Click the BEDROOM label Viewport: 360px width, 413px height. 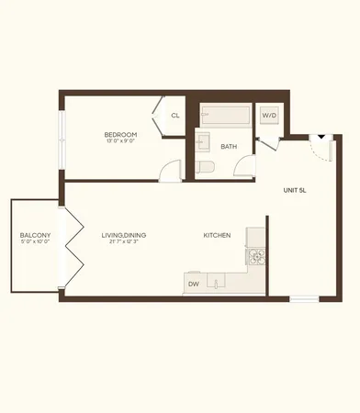pos(120,135)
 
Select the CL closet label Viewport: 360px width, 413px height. pos(174,116)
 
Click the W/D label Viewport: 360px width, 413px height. pos(269,116)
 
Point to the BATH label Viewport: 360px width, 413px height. pos(228,145)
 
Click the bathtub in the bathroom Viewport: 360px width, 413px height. pos(225,117)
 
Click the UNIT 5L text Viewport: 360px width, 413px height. pos(293,190)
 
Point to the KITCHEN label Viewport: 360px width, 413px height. pos(217,236)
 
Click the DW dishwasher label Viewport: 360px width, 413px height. pos(194,285)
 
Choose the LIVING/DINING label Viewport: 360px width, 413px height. pos(124,236)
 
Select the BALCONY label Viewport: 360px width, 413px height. pos(35,236)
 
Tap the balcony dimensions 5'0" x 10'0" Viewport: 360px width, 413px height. pos(35,244)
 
